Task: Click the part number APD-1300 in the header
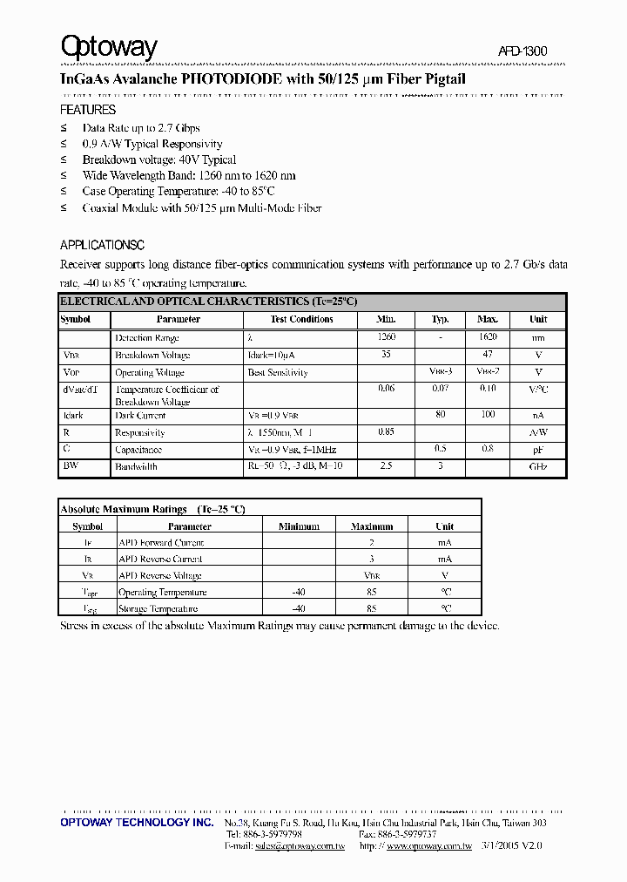pos(522,52)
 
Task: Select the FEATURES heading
pos(87,111)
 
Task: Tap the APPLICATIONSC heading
pos(102,245)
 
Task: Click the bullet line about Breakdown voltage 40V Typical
pos(159,159)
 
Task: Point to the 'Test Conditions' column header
pos(301,320)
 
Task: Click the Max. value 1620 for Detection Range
pos(488,337)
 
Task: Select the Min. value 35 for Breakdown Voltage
pos(386,355)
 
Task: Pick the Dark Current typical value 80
pos(440,416)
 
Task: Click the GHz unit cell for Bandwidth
pos(538,467)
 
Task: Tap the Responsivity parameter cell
pos(140,432)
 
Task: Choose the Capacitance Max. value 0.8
pos(488,450)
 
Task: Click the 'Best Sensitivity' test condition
pos(278,372)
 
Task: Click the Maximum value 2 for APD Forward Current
pos(372,542)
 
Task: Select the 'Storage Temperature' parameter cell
pos(158,608)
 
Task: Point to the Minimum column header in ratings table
pos(299,526)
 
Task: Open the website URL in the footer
pos(428,845)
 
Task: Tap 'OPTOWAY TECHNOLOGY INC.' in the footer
pos(137,823)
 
